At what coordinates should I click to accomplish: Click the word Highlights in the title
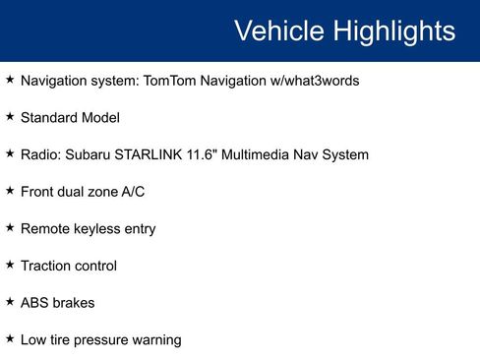pyautogui.click(x=393, y=30)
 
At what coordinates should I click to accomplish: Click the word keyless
pyautogui.click(x=100, y=229)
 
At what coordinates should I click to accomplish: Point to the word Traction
pyautogui.click(x=45, y=266)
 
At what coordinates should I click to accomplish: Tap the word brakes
pyautogui.click(x=74, y=303)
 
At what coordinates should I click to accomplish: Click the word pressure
pyautogui.click(x=106, y=340)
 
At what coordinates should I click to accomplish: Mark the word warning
pyautogui.click(x=157, y=340)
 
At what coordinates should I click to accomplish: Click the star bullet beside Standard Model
pyautogui.click(x=10, y=117)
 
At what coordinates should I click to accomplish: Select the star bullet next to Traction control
pyautogui.click(x=10, y=265)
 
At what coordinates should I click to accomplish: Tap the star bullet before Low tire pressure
pyautogui.click(x=10, y=338)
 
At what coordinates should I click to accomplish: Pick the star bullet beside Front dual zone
pyautogui.click(x=10, y=191)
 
